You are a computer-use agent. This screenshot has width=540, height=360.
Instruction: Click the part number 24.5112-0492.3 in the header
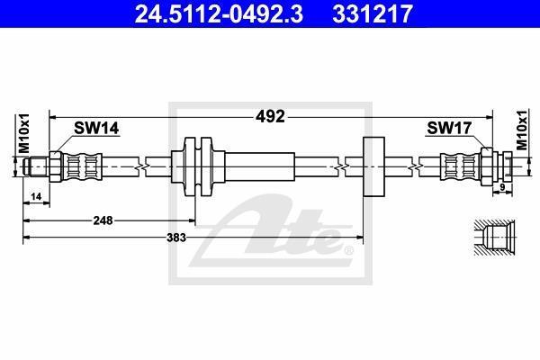[x=219, y=13]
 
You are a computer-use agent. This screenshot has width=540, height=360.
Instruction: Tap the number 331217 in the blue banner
[x=373, y=13]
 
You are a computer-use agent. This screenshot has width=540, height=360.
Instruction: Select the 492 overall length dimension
[x=270, y=117]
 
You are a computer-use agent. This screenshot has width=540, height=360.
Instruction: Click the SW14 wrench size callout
[x=96, y=128]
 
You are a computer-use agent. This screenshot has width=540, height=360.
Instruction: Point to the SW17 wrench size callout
[x=449, y=128]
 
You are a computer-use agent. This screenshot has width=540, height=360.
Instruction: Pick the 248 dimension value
[x=103, y=220]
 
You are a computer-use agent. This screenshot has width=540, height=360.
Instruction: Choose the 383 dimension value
[x=176, y=238]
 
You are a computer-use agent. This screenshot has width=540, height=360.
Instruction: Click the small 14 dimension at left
[x=36, y=197]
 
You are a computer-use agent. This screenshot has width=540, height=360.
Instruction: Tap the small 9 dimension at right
[x=502, y=187]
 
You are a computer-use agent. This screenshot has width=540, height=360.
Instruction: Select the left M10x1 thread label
[x=24, y=133]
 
